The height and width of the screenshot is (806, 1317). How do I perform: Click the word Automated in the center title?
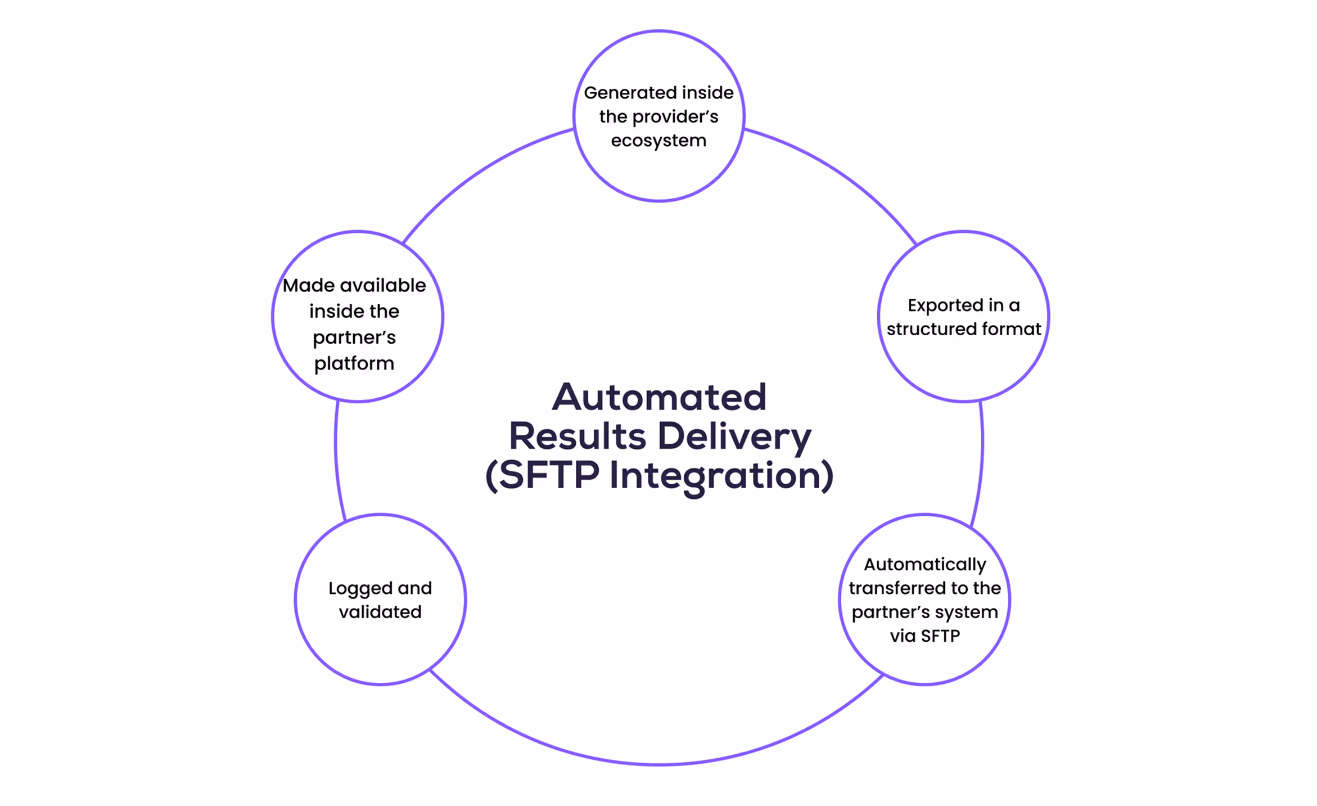tap(659, 397)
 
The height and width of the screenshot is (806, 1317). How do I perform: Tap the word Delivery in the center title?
tap(734, 437)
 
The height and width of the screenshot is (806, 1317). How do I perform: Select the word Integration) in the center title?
tap(721, 476)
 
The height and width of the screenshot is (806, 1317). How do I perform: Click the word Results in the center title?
tap(578, 436)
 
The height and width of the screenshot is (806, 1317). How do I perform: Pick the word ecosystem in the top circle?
tap(658, 141)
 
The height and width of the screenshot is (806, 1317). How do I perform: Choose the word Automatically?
tap(925, 564)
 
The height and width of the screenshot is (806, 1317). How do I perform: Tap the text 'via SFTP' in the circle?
tap(925, 636)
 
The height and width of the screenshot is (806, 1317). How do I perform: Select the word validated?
tap(380, 612)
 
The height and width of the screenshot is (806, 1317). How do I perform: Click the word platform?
tap(354, 364)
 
